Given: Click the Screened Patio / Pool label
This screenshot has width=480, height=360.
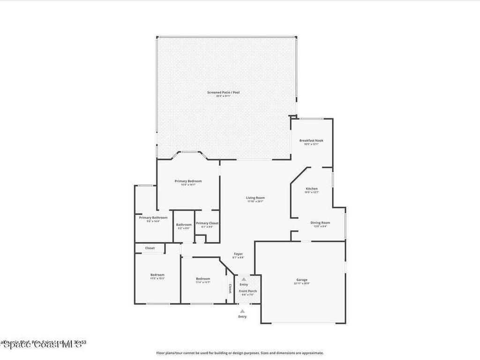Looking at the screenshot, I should point(223,92).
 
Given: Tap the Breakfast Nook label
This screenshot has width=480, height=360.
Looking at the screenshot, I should point(311,140).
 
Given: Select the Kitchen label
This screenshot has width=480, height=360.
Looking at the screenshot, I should point(312,188).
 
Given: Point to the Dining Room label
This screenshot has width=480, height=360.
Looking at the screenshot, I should point(320,223).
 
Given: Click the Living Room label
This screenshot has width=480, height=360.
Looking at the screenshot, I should point(255,198).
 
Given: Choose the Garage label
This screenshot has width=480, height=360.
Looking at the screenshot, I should point(302,280).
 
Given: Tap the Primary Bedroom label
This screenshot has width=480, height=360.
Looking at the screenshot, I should point(188,181).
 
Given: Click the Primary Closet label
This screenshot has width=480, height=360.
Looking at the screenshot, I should point(207,223).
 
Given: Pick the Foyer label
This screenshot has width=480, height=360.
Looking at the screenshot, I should point(238,254).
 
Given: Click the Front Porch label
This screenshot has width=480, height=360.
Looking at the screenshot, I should point(247,291).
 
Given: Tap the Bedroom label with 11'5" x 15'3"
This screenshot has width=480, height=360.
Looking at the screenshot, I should point(157,275).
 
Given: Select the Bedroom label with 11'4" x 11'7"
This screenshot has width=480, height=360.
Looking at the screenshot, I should point(202,279).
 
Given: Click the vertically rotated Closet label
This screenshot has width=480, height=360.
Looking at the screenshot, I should point(230,288).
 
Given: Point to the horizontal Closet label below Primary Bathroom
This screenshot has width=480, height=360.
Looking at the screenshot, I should point(150,248).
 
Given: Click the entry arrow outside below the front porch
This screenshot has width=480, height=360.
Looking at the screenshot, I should point(242,311).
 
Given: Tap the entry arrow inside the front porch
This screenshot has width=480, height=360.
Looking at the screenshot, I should point(244,279).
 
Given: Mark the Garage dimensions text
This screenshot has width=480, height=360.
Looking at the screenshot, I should point(302,284).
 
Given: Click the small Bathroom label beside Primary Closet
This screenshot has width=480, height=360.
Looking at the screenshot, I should point(184,225).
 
